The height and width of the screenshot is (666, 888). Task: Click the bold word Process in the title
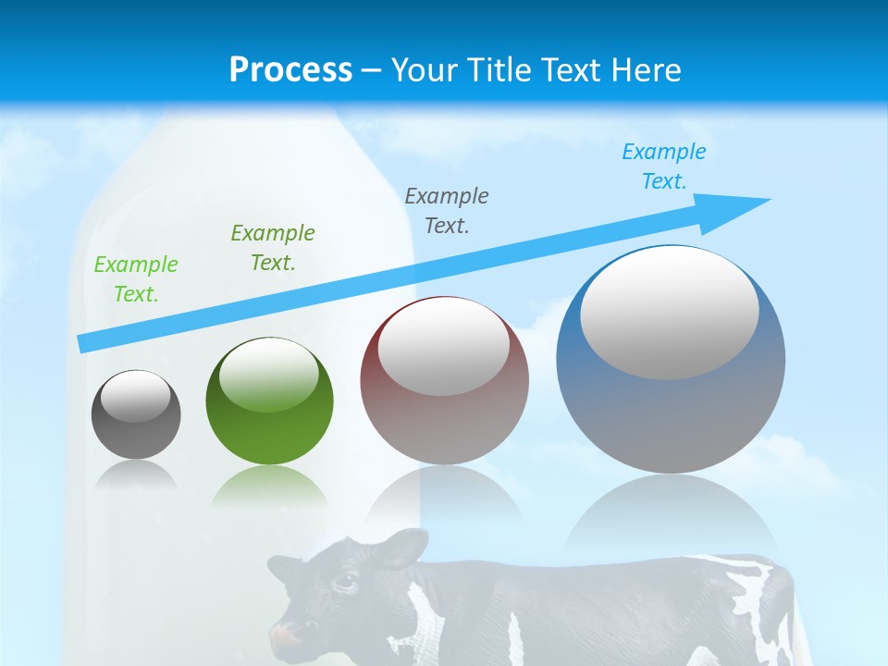pos(290,70)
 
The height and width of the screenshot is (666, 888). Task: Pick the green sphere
pos(269,435)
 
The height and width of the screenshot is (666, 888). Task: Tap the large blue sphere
pos(671,416)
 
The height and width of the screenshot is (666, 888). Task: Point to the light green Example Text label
pos(136,279)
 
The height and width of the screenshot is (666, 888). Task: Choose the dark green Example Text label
pos(273,248)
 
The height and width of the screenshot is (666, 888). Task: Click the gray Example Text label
pos(447,211)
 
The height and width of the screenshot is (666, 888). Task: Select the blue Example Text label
pos(664,166)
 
